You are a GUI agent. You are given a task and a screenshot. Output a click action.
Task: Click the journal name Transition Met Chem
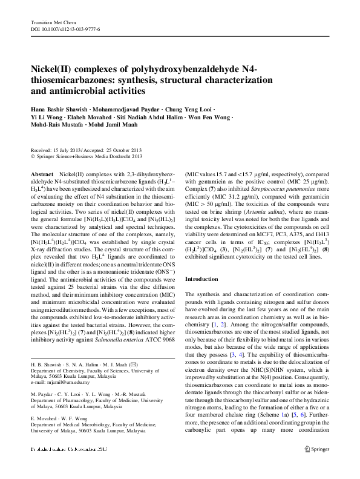point(50,22)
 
